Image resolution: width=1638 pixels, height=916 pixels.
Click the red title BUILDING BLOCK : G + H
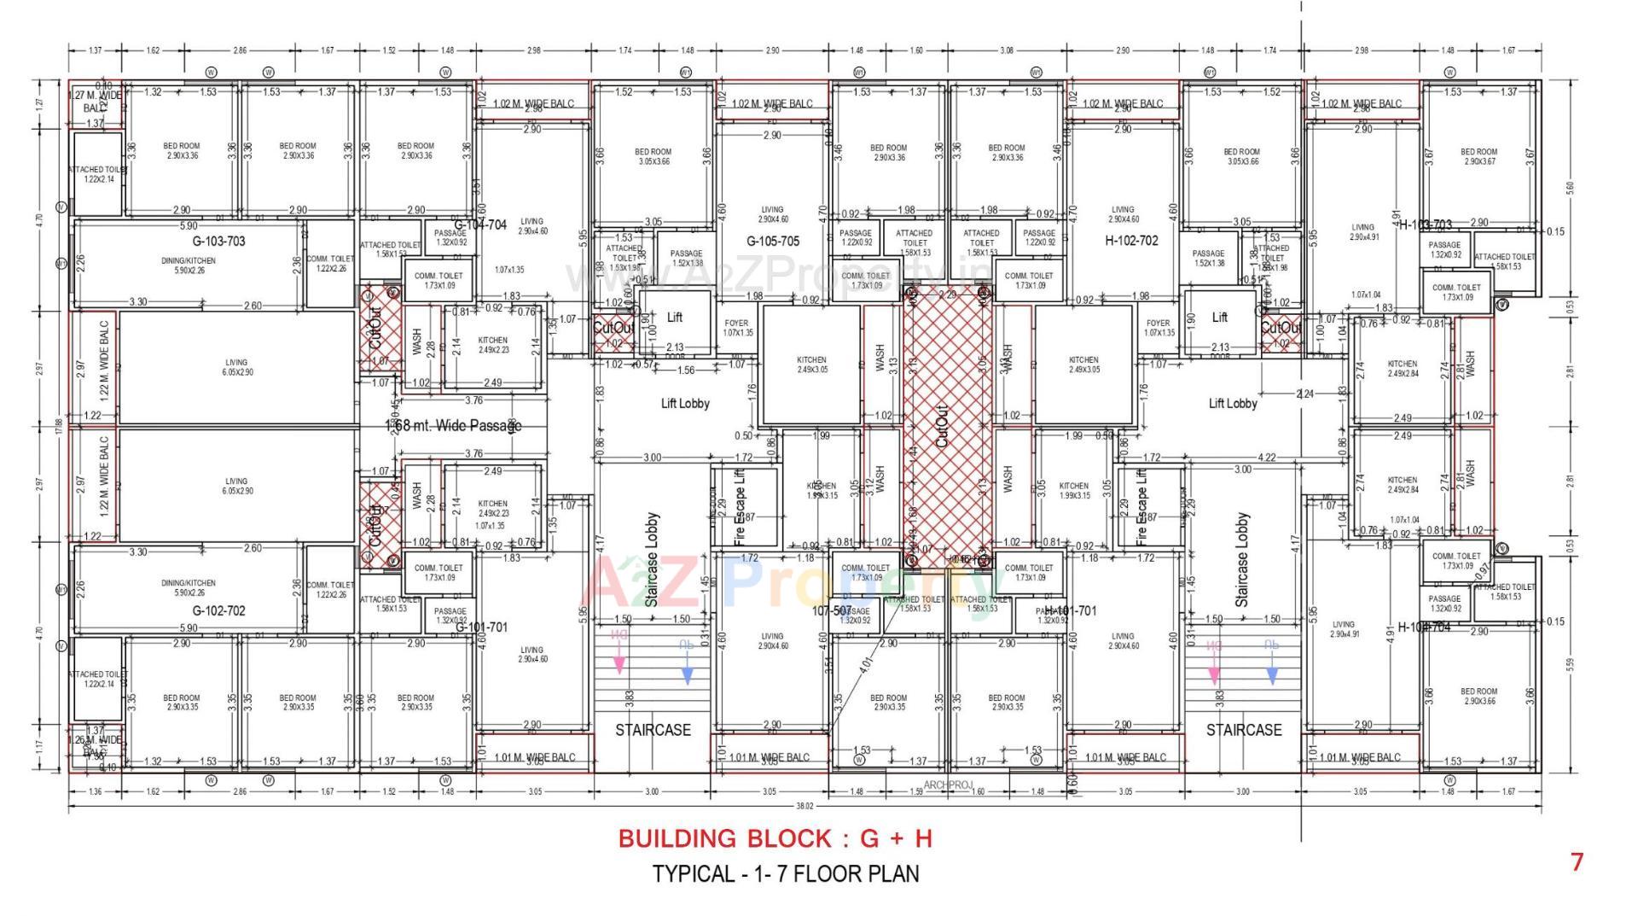[775, 838]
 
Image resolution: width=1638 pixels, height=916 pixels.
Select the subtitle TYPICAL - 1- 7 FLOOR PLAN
[786, 874]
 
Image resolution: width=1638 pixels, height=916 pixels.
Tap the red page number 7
[1577, 862]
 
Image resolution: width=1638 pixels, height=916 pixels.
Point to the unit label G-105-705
[773, 242]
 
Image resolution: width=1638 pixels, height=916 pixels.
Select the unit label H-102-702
[1131, 241]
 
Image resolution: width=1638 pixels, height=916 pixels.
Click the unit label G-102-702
[218, 610]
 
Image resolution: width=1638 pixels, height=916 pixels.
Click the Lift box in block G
[674, 318]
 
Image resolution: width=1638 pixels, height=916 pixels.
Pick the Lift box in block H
[1220, 318]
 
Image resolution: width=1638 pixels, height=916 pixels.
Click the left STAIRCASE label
[653, 730]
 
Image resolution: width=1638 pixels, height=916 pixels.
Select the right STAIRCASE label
[1243, 730]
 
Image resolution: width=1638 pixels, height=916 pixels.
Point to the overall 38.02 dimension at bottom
[804, 806]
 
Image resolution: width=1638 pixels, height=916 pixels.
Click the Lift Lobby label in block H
[1232, 403]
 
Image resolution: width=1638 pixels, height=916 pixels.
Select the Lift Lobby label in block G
[684, 403]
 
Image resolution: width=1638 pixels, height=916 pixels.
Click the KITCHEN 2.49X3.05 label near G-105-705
[811, 365]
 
